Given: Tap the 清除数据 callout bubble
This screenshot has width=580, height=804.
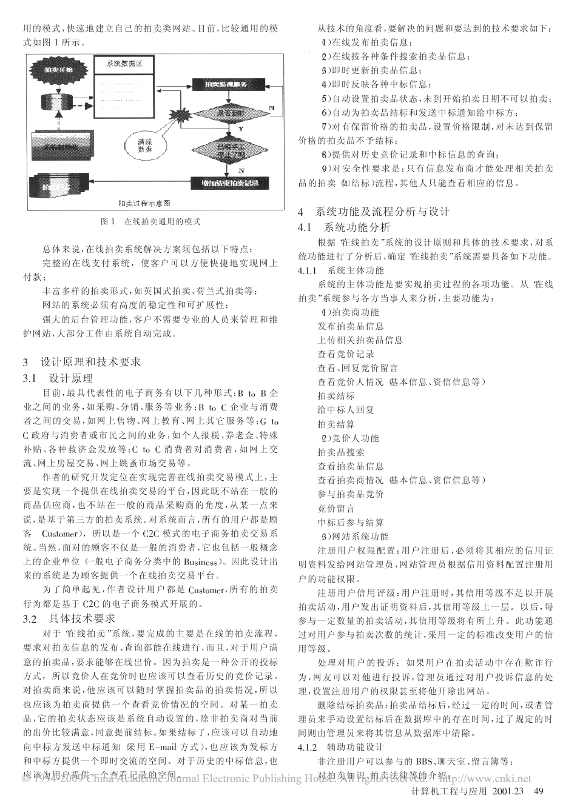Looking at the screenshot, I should (143, 145).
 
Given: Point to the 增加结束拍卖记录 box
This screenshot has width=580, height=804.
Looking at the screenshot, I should (229, 183).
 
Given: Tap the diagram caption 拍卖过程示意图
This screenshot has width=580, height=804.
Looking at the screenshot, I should (144, 203).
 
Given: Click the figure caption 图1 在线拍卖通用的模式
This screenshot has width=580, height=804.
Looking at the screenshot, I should (150, 222).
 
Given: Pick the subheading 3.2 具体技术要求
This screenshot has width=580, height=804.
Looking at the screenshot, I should (69, 618).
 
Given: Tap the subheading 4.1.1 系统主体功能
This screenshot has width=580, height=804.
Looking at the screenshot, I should (341, 270).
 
